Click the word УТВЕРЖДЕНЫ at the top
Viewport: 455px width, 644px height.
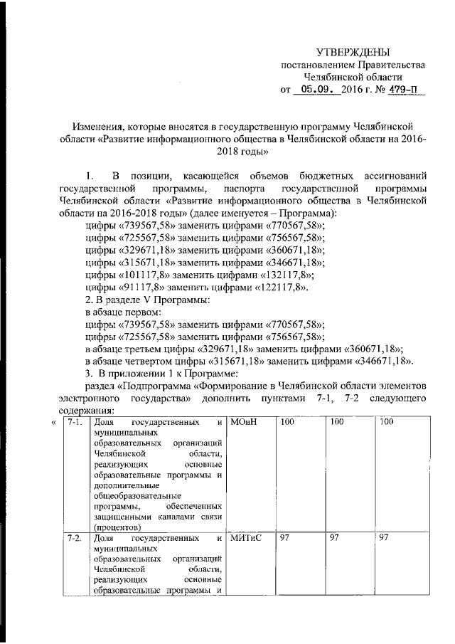[353, 52]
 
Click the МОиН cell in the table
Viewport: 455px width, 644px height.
[244, 424]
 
